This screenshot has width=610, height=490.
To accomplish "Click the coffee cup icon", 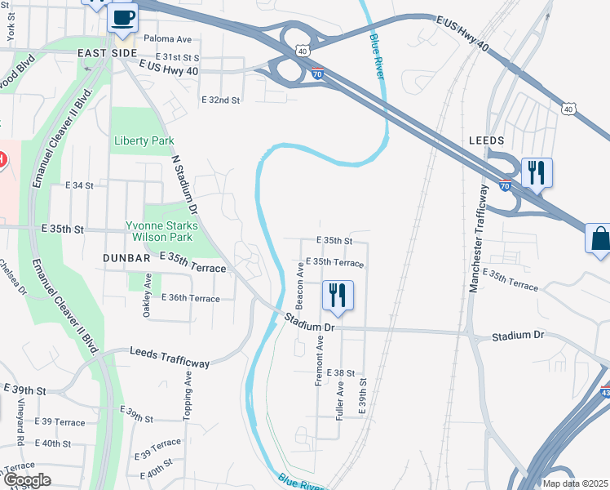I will [122, 16].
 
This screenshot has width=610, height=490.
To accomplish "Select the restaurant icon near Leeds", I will [536, 172].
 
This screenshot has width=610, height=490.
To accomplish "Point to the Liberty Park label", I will [144, 140].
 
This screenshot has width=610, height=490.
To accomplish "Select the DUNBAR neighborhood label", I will [127, 257].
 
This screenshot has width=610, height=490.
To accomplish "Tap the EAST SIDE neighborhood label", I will [107, 53].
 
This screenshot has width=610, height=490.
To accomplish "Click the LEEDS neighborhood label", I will [487, 140].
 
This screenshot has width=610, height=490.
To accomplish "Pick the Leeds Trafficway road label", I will [170, 357].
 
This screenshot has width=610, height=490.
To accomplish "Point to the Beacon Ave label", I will [300, 285].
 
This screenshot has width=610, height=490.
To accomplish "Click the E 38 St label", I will [340, 372].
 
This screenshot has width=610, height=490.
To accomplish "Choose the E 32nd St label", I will [220, 100].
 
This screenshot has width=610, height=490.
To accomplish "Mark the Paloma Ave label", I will [167, 38].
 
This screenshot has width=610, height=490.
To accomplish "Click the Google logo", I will [27, 480].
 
